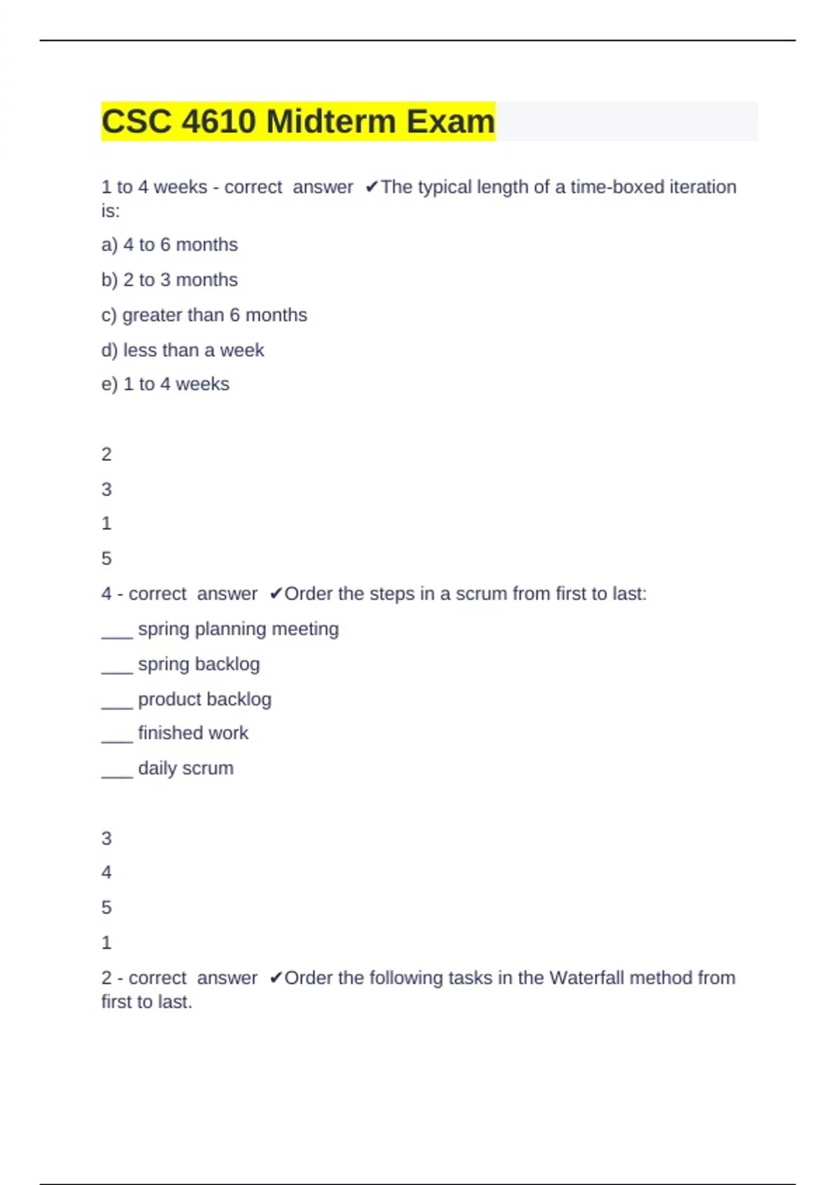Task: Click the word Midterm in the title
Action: tap(332, 122)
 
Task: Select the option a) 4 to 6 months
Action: tap(169, 245)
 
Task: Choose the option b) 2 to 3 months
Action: tap(169, 280)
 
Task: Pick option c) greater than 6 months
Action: tap(203, 315)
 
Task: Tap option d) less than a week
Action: tap(183, 350)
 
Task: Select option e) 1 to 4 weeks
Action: tap(165, 384)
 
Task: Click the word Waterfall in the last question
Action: tap(586, 978)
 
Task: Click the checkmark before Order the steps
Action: tap(276, 594)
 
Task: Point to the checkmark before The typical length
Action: tap(372, 187)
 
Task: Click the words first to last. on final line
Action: tap(146, 1002)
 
